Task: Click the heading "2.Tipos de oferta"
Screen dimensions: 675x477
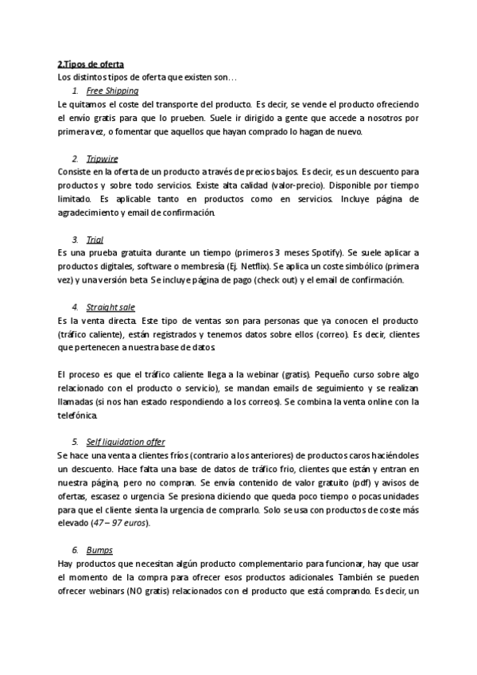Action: click(91, 64)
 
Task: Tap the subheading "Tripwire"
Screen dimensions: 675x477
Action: click(102, 159)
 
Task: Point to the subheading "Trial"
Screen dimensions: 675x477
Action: click(95, 240)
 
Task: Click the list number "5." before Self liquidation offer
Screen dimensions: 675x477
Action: click(75, 441)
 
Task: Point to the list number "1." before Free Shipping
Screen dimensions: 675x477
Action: click(75, 92)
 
